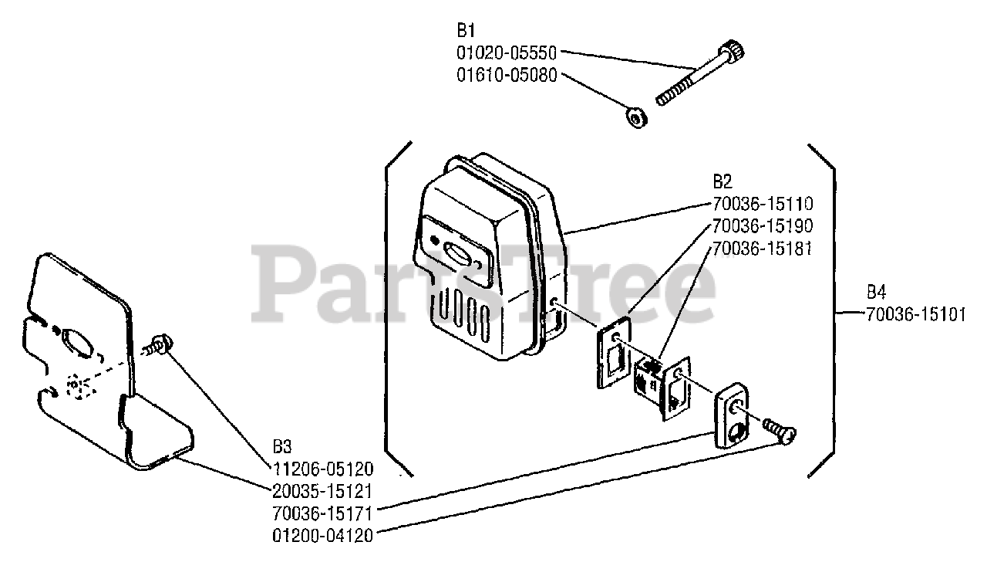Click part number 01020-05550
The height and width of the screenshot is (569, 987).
(x=507, y=54)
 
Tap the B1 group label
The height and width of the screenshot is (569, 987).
(x=466, y=32)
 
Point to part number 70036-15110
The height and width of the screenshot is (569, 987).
(x=762, y=205)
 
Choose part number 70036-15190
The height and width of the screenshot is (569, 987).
(x=762, y=227)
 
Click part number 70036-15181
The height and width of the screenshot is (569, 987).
(x=762, y=249)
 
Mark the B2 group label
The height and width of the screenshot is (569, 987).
(x=722, y=182)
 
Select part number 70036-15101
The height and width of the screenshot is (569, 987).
(x=915, y=314)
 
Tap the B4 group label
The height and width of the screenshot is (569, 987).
(x=876, y=293)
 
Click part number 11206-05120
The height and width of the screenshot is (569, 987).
(x=322, y=469)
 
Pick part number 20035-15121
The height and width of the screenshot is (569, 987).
(x=322, y=490)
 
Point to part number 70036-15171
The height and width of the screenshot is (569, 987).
(x=322, y=512)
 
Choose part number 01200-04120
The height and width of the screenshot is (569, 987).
(x=322, y=534)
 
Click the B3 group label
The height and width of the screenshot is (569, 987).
(x=282, y=447)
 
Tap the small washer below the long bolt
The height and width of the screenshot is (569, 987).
(x=636, y=118)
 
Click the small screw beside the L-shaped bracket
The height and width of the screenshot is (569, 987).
(x=160, y=343)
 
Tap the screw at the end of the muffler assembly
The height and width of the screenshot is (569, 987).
(x=780, y=428)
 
